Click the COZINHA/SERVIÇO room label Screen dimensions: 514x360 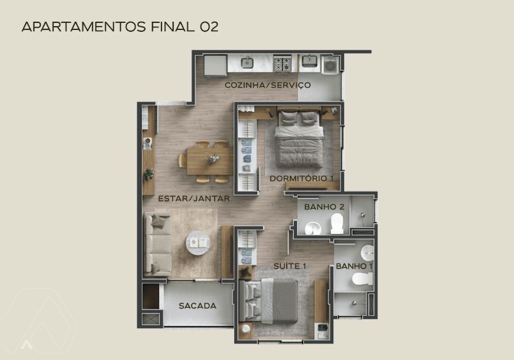point(268,85)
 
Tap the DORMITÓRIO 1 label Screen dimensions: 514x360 point(301,179)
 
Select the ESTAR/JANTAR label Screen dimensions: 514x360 point(193,199)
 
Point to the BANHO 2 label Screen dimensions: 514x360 point(324,207)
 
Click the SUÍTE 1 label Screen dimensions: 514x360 point(290,266)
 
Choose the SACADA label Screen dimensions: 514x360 point(197,306)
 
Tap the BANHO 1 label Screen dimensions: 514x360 point(354,266)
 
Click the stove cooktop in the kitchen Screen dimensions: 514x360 point(282,64)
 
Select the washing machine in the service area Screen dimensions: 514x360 point(331,65)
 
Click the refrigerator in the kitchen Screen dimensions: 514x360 point(215,66)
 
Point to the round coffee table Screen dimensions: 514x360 point(198,243)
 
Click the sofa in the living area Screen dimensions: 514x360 point(158,244)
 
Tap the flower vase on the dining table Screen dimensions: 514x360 point(213,159)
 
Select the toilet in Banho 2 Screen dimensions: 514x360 point(337,223)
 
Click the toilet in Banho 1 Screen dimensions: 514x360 point(363,279)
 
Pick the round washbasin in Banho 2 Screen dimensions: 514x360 point(313,228)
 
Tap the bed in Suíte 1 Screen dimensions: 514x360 point(268,301)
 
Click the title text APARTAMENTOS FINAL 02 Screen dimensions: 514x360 point(120,27)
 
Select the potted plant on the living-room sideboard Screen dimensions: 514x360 point(149,174)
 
